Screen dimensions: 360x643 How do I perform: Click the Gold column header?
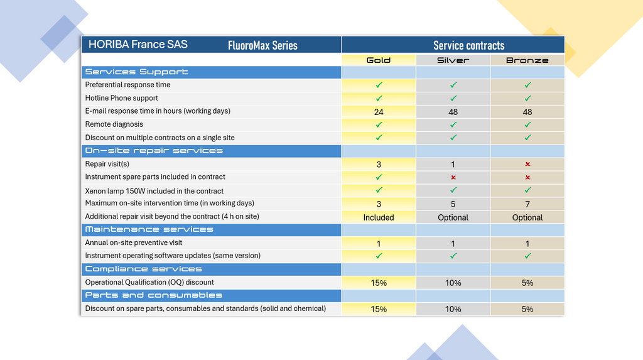point(379,60)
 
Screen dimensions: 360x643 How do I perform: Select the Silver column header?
point(453,60)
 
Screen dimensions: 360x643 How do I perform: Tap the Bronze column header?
point(527,60)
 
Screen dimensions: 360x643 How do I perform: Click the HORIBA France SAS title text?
point(138,45)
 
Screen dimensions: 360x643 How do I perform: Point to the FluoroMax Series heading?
point(262,45)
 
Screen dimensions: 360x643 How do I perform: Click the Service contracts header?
point(468,45)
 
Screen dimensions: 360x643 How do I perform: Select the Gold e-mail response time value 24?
point(379,112)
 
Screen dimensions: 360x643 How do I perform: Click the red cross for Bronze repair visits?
point(527,164)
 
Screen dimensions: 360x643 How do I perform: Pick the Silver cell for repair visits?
point(453,164)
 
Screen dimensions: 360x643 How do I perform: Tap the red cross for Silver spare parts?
point(453,177)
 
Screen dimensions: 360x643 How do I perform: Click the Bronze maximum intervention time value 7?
point(527,204)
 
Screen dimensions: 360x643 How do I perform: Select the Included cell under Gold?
point(379,217)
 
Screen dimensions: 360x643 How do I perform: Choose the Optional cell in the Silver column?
point(453,217)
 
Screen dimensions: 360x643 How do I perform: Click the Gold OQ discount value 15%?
point(379,283)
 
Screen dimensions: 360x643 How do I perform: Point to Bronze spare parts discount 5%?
point(527,309)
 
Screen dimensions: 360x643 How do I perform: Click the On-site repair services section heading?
point(154,151)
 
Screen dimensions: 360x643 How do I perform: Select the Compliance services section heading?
point(144,269)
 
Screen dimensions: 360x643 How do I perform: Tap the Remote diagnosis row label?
point(114,124)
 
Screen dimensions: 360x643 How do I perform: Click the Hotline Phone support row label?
point(122,98)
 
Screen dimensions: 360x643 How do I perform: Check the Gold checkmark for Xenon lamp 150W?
point(379,190)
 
